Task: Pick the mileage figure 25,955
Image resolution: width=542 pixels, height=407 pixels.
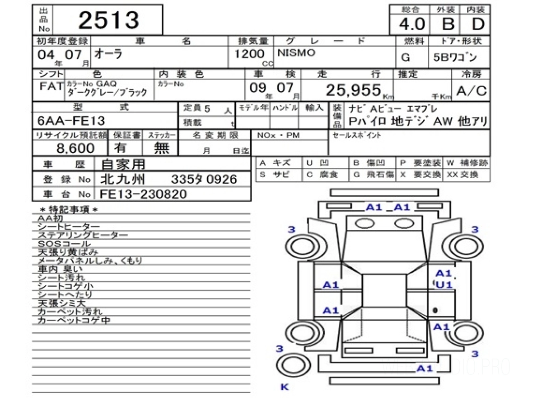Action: point(353,91)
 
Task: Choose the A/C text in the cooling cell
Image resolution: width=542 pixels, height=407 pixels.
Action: point(471,91)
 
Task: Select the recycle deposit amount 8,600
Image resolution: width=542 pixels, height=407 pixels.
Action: point(75,148)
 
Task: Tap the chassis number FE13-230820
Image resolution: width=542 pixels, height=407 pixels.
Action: point(143,194)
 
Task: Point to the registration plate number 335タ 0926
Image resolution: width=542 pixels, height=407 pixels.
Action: point(204,180)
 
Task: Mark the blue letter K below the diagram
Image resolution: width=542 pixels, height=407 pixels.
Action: point(284,387)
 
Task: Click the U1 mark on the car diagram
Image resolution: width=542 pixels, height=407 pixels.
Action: point(444,285)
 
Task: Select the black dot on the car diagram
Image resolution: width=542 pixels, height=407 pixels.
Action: point(435,310)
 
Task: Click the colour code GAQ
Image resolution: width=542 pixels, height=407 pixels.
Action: point(106,84)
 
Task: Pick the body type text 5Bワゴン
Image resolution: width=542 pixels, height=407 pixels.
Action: point(458,58)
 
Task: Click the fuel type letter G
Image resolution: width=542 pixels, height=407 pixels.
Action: point(406,58)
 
